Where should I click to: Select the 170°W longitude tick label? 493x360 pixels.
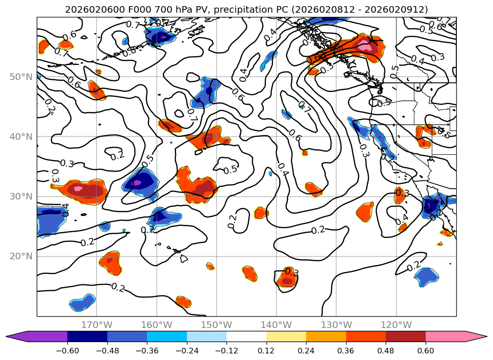click(97, 325)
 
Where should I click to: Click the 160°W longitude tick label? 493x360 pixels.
click(156, 325)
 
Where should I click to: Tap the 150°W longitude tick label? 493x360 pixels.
click(217, 325)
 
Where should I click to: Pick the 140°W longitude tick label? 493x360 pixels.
click(276, 325)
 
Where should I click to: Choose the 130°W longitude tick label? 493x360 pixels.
click(336, 325)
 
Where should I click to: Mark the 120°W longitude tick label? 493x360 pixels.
click(396, 325)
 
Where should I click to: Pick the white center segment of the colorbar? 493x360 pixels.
click(246, 336)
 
